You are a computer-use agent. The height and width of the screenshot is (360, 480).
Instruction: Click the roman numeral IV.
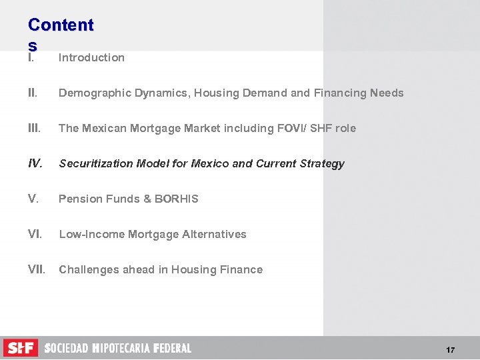pyautogui.click(x=36, y=163)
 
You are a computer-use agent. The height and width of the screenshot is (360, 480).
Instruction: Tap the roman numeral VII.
pyautogui.click(x=37, y=269)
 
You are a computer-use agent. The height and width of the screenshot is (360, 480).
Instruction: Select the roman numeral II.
pyautogui.click(x=33, y=93)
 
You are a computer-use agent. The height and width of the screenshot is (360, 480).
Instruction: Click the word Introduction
pyautogui.click(x=91, y=57)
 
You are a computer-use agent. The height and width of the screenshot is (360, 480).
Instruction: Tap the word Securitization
pyautogui.click(x=93, y=163)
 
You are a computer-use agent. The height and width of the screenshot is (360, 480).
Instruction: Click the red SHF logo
pyautogui.click(x=21, y=348)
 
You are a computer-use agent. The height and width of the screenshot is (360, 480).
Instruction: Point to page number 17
pyautogui.click(x=451, y=350)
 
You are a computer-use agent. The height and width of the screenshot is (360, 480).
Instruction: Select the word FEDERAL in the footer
pyautogui.click(x=172, y=348)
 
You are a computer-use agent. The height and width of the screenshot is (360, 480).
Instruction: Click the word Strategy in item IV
pyautogui.click(x=323, y=163)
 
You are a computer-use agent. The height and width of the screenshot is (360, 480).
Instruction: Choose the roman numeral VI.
pyautogui.click(x=35, y=234)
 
